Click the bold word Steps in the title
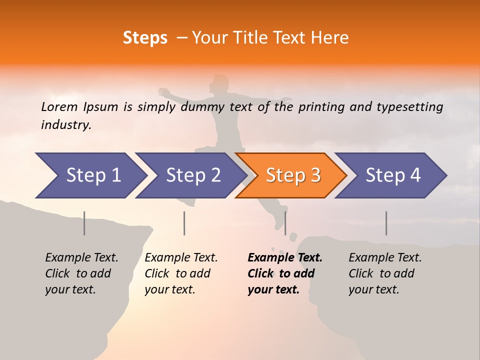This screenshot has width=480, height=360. [145, 38]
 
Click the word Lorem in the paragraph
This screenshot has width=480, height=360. [59, 107]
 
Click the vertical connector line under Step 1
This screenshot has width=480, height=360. [84, 223]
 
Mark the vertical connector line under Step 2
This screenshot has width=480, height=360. [184, 223]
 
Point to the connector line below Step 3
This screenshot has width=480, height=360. [285, 223]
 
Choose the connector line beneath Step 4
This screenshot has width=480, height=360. [386, 223]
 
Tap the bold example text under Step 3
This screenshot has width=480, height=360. [284, 273]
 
